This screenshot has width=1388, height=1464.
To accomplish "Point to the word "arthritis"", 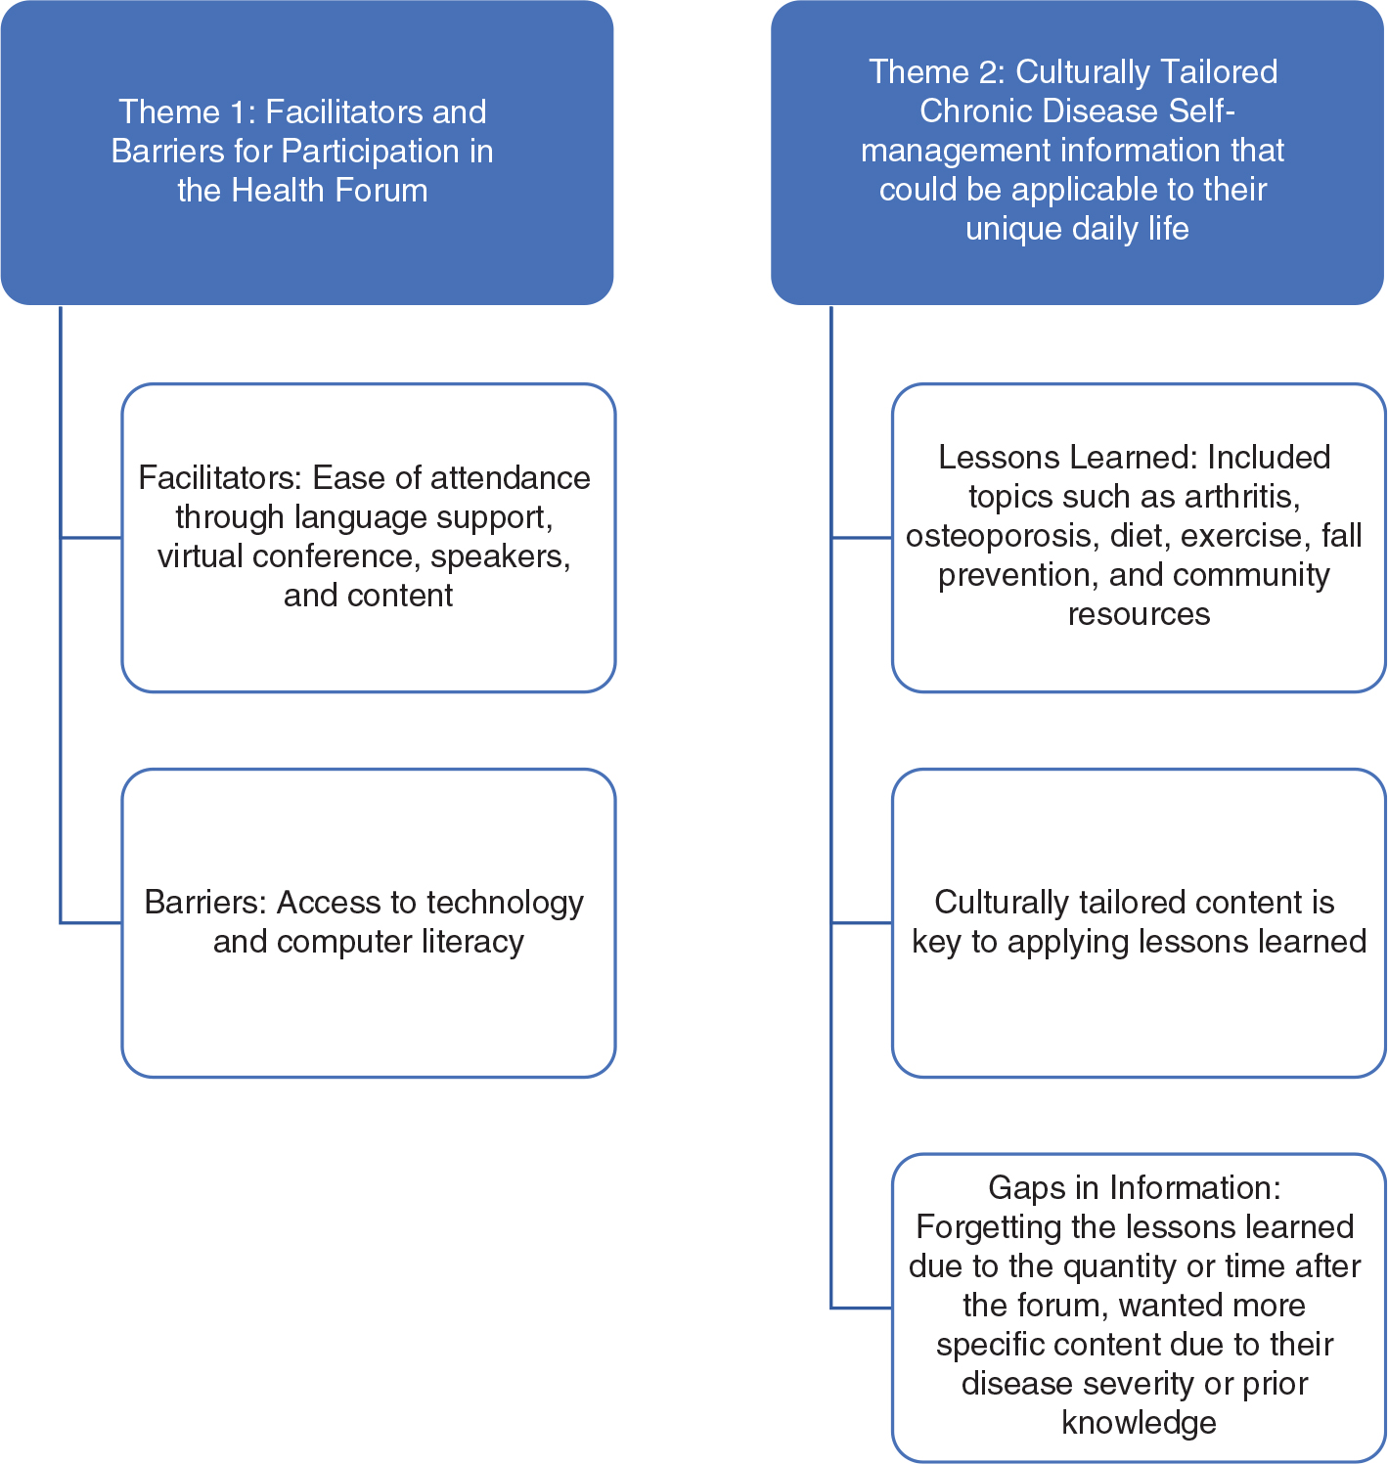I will point(1241,497).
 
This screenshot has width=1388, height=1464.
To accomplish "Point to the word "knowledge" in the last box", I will point(1139,1423).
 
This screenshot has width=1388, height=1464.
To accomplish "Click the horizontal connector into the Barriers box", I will point(91,922).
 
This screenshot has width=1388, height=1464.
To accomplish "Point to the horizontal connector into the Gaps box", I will point(861,1308).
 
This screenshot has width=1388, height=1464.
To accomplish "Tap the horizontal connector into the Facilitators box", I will point(91,537).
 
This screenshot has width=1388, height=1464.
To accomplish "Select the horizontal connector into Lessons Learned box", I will point(861,537).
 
